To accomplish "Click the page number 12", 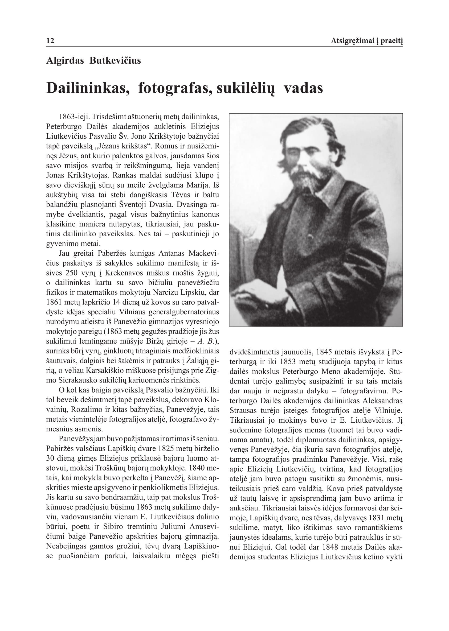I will pyautogui.click(x=50, y=41).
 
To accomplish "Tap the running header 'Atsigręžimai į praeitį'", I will pyautogui.click(x=367, y=41).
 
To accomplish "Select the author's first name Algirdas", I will pyautogui.click(x=65, y=60).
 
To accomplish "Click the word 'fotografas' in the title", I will pyautogui.click(x=175, y=88).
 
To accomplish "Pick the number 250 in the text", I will pyautogui.click(x=71, y=273).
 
